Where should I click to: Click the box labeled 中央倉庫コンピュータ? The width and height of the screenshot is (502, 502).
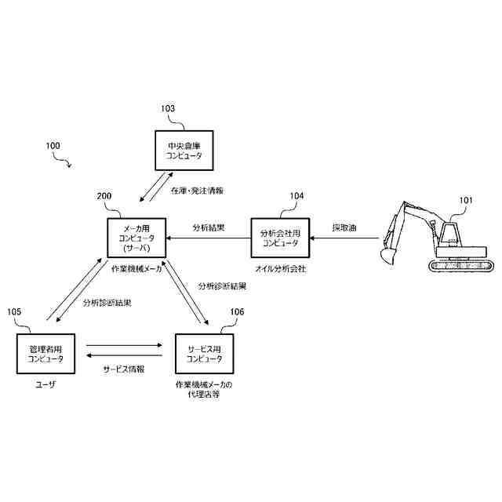tap(184, 150)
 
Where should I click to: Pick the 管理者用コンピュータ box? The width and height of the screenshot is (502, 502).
tap(45, 353)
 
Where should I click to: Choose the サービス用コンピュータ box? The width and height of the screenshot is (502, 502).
tap(203, 353)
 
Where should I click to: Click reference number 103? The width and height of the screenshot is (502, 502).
tap(168, 108)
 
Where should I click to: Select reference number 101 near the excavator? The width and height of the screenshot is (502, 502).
tap(466, 201)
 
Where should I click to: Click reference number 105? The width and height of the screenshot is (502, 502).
tap(14, 311)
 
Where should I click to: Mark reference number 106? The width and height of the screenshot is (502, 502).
tap(237, 311)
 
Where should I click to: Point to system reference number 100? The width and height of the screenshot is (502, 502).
tap(53, 146)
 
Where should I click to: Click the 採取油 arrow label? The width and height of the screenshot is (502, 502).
tap(344, 228)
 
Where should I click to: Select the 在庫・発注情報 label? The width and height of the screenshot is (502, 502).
tap(197, 190)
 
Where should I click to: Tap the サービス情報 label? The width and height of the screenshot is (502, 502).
tap(124, 369)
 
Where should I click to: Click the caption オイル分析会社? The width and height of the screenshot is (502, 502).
tap(280, 269)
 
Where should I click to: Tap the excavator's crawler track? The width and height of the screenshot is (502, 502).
tap(462, 264)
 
